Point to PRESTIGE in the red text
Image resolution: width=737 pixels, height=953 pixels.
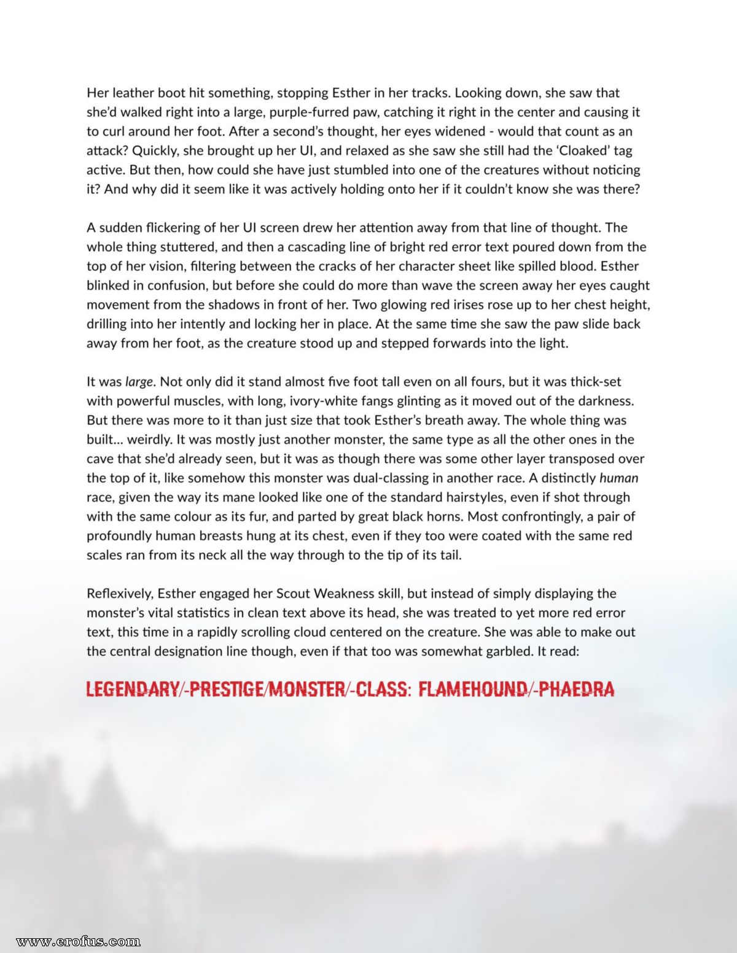coord(225,690)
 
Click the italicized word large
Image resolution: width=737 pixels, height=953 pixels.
coord(139,382)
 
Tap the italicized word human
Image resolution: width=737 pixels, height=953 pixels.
coord(618,478)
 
